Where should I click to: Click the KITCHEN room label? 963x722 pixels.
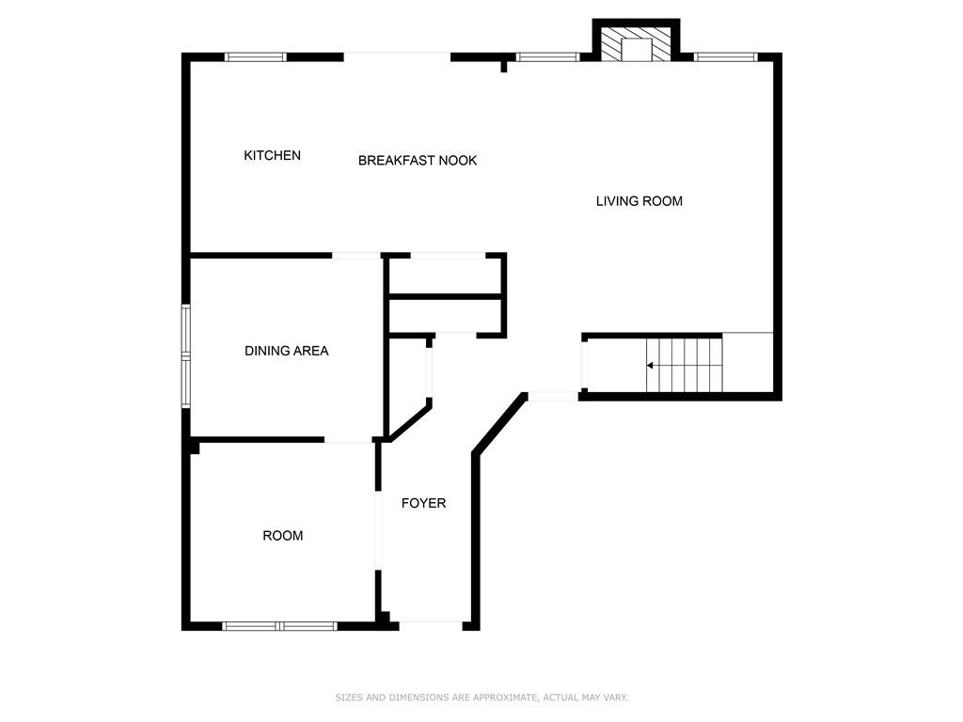[x=272, y=155]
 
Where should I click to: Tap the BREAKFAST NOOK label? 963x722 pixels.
[x=418, y=160]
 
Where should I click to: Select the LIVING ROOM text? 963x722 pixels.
[x=639, y=201]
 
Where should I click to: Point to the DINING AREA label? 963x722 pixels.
[x=286, y=351]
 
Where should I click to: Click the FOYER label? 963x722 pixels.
[x=423, y=503]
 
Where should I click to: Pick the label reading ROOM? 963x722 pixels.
[x=282, y=535]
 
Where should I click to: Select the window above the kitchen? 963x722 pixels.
[x=256, y=57]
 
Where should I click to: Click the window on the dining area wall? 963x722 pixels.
[x=185, y=356]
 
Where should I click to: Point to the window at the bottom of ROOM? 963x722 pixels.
[x=279, y=626]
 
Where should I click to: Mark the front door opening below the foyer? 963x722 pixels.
[x=431, y=626]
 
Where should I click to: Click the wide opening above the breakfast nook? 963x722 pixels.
[x=397, y=57]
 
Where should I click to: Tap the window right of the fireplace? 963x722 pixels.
[x=726, y=57]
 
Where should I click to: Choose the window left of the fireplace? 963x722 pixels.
[x=548, y=57]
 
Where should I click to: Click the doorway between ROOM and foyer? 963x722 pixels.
[x=378, y=530]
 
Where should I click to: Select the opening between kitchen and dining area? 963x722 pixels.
[x=356, y=256]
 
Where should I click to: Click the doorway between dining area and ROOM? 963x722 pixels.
[x=348, y=440]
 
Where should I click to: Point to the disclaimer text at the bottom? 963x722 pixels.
[x=481, y=698]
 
